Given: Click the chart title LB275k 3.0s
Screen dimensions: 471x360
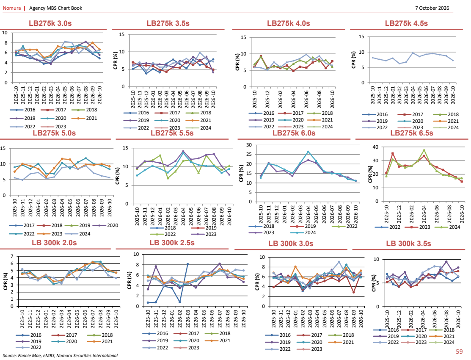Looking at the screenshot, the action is coord(50,23).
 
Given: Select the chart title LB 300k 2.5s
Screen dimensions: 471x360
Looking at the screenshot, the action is coord(172,243).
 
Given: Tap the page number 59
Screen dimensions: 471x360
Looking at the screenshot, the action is coord(459,351).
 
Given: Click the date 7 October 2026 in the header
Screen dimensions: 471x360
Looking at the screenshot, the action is coord(432,8).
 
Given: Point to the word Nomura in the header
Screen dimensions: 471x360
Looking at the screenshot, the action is coord(12,8).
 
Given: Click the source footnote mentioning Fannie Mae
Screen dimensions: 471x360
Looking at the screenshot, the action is coord(60,355).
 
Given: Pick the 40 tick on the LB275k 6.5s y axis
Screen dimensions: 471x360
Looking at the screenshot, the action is coord(375,147).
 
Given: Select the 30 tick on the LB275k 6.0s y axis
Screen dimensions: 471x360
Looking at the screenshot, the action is coord(249,145).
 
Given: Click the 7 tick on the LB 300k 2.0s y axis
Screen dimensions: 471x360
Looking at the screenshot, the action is coord(12,256).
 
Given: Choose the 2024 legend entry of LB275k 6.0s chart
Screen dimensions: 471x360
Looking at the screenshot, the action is coord(303,233).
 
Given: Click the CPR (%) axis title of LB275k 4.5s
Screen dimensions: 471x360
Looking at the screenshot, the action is coord(353,60).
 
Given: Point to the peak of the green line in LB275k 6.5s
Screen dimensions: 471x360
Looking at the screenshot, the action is coord(424,150).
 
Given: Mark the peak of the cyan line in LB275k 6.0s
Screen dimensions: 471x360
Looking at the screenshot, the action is coord(308,152).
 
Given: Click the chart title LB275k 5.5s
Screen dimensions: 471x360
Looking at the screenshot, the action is coord(172,133).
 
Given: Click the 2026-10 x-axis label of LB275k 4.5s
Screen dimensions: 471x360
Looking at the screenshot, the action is coord(453,95).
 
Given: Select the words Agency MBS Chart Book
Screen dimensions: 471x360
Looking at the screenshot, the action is coord(55,8).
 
